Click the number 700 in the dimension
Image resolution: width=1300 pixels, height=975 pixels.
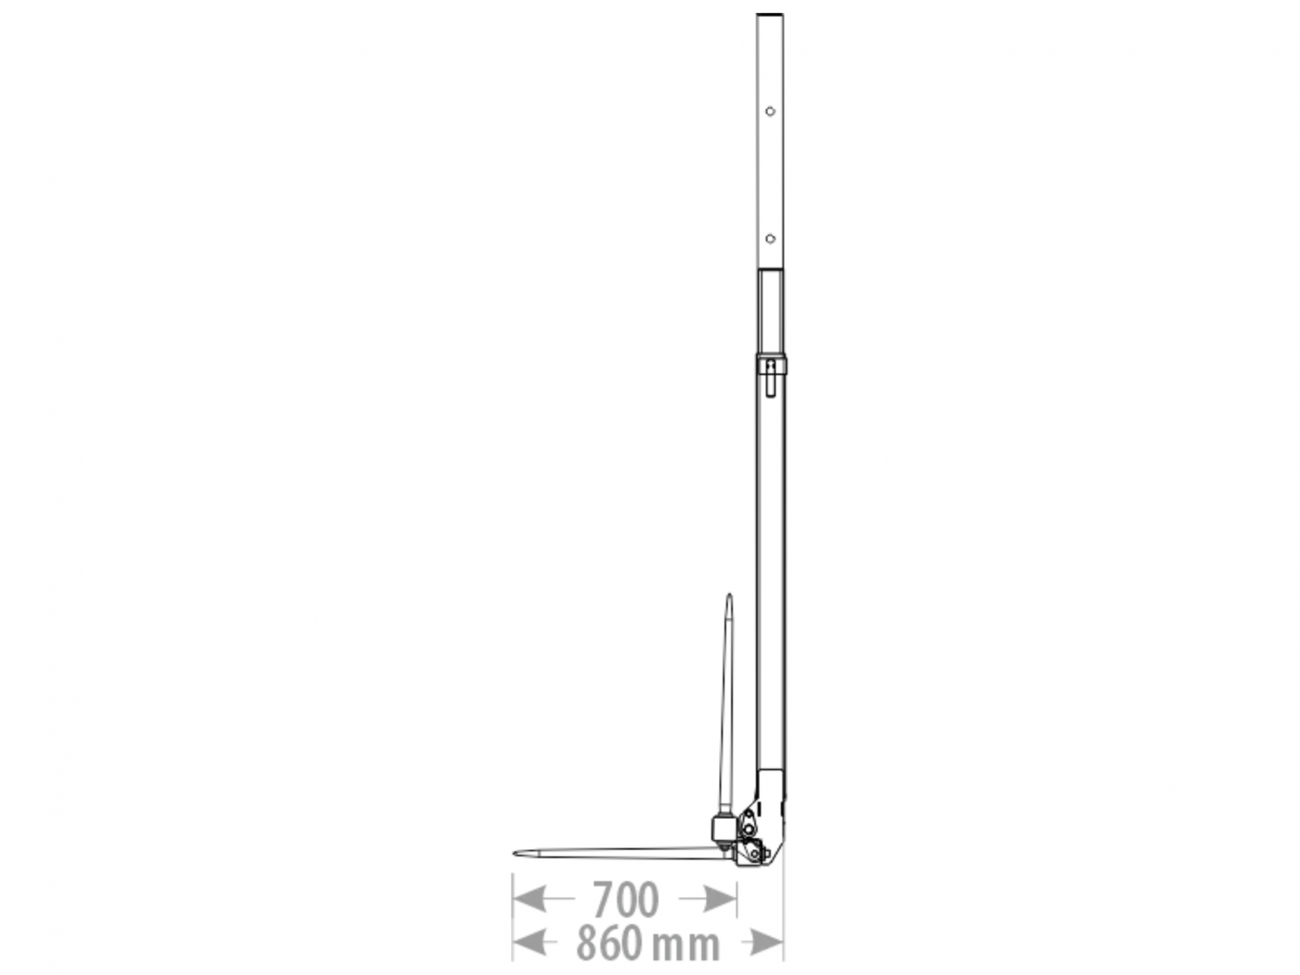coord(626,899)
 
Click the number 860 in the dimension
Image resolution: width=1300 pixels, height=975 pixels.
coord(609,946)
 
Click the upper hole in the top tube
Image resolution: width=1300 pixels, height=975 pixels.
coord(770,111)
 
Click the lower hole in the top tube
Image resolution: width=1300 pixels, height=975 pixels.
coord(770,239)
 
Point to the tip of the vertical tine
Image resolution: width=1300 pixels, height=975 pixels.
coord(729,595)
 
